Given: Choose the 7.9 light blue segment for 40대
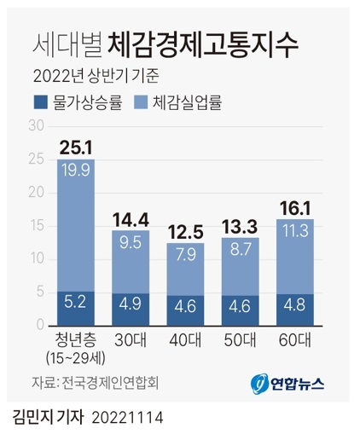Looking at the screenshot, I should click(184, 269).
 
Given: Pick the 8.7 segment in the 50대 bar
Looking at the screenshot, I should click(239, 265).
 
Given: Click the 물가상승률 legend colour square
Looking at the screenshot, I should click(39, 103).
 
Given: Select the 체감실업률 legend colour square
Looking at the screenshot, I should click(141, 103).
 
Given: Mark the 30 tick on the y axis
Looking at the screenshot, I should click(37, 126).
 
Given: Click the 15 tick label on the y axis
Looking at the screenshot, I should click(37, 226).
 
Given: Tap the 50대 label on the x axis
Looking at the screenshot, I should click(239, 340).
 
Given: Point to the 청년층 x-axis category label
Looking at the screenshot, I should click(76, 340).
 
